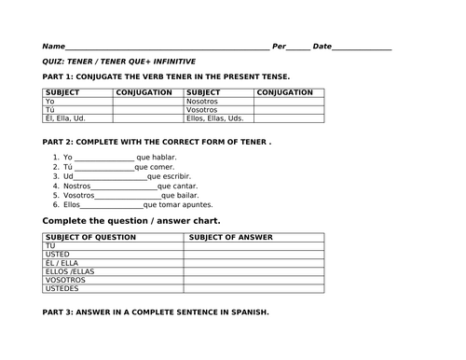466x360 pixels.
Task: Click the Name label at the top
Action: (x=54, y=46)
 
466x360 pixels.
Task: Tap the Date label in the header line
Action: (x=322, y=46)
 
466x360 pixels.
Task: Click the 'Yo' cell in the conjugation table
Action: (x=50, y=102)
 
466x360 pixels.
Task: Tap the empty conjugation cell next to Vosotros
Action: (x=289, y=110)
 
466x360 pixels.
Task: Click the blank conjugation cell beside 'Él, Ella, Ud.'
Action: (x=147, y=118)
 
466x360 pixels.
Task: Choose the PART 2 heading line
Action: (x=158, y=141)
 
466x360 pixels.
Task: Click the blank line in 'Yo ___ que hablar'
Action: (x=104, y=158)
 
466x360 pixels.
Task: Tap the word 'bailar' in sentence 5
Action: (x=187, y=195)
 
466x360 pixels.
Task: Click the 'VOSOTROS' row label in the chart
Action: (x=65, y=280)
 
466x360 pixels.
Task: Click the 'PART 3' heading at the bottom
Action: (x=156, y=312)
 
